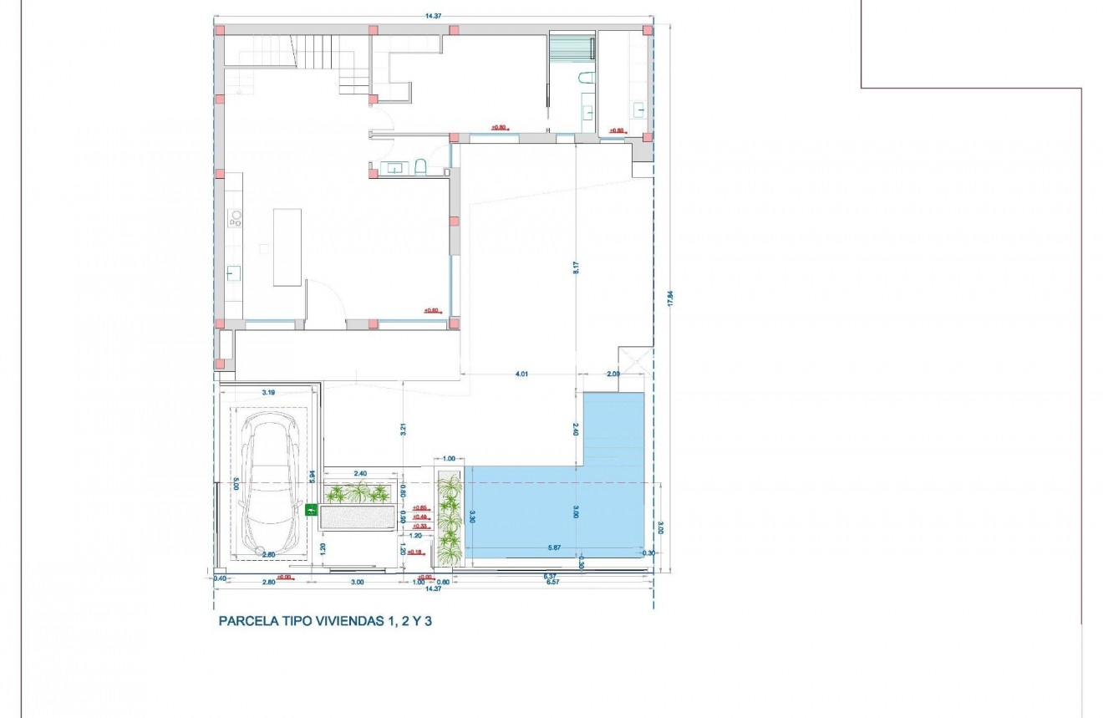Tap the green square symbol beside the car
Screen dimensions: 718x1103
tap(312, 509)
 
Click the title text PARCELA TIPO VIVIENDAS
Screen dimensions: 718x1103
tap(327, 621)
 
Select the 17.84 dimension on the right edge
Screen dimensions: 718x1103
tap(669, 298)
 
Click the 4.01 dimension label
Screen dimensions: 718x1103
tap(522, 374)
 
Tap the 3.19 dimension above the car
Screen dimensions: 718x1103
tap(268, 391)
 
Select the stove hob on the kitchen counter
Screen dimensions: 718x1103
tap(236, 219)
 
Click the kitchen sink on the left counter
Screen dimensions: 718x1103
tap(234, 272)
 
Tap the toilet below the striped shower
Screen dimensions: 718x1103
tap(586, 79)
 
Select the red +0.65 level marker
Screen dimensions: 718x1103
tap(419, 507)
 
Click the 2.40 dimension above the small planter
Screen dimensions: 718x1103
tap(362, 472)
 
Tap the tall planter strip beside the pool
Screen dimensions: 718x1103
tap(450, 518)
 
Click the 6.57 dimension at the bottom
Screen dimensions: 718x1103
tap(552, 582)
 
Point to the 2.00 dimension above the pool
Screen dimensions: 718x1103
tap(612, 374)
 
